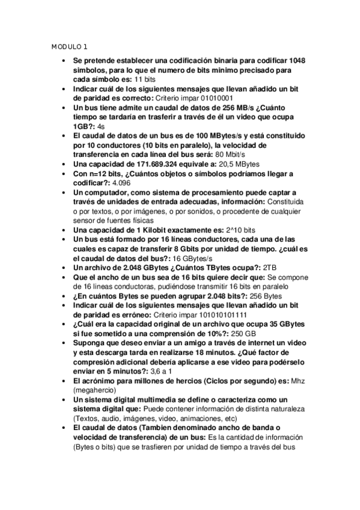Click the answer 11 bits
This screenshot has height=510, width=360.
145,79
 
